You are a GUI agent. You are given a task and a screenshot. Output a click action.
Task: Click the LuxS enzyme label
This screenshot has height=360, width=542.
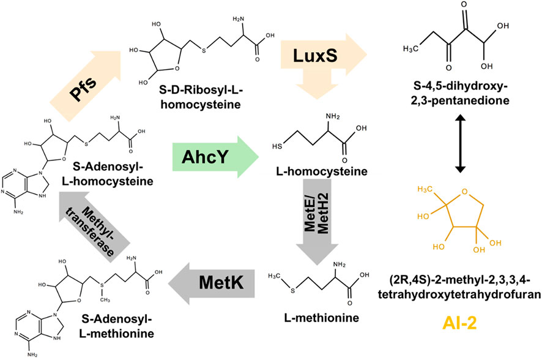tap(315, 55)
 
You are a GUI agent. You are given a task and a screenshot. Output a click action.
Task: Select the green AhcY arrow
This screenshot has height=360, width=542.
tap(216, 157)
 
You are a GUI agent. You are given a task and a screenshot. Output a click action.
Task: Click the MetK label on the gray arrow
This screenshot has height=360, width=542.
tap(221, 283)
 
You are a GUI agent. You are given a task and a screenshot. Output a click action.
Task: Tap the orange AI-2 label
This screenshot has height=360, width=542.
tap(459, 323)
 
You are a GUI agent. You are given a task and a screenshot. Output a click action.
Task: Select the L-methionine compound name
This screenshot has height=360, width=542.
tap(321, 318)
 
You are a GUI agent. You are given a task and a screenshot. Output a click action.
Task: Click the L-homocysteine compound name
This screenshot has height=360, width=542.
tap(321, 171)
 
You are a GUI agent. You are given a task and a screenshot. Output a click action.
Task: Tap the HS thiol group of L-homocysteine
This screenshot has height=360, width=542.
tap(277, 146)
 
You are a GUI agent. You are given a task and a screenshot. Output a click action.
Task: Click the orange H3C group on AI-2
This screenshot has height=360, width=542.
tap(425, 189)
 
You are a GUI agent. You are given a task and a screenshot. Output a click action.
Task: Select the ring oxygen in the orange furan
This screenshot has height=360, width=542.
tap(464, 191)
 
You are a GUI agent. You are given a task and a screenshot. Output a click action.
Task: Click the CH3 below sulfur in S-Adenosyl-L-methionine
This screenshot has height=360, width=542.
tap(105, 300)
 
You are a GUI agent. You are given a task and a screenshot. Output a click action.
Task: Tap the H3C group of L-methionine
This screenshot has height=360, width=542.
tap(275, 276)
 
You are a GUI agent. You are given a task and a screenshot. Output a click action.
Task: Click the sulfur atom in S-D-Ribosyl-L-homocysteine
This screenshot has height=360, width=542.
tap(204, 51)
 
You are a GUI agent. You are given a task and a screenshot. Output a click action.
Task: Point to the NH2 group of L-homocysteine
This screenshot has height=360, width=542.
tap(333, 116)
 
